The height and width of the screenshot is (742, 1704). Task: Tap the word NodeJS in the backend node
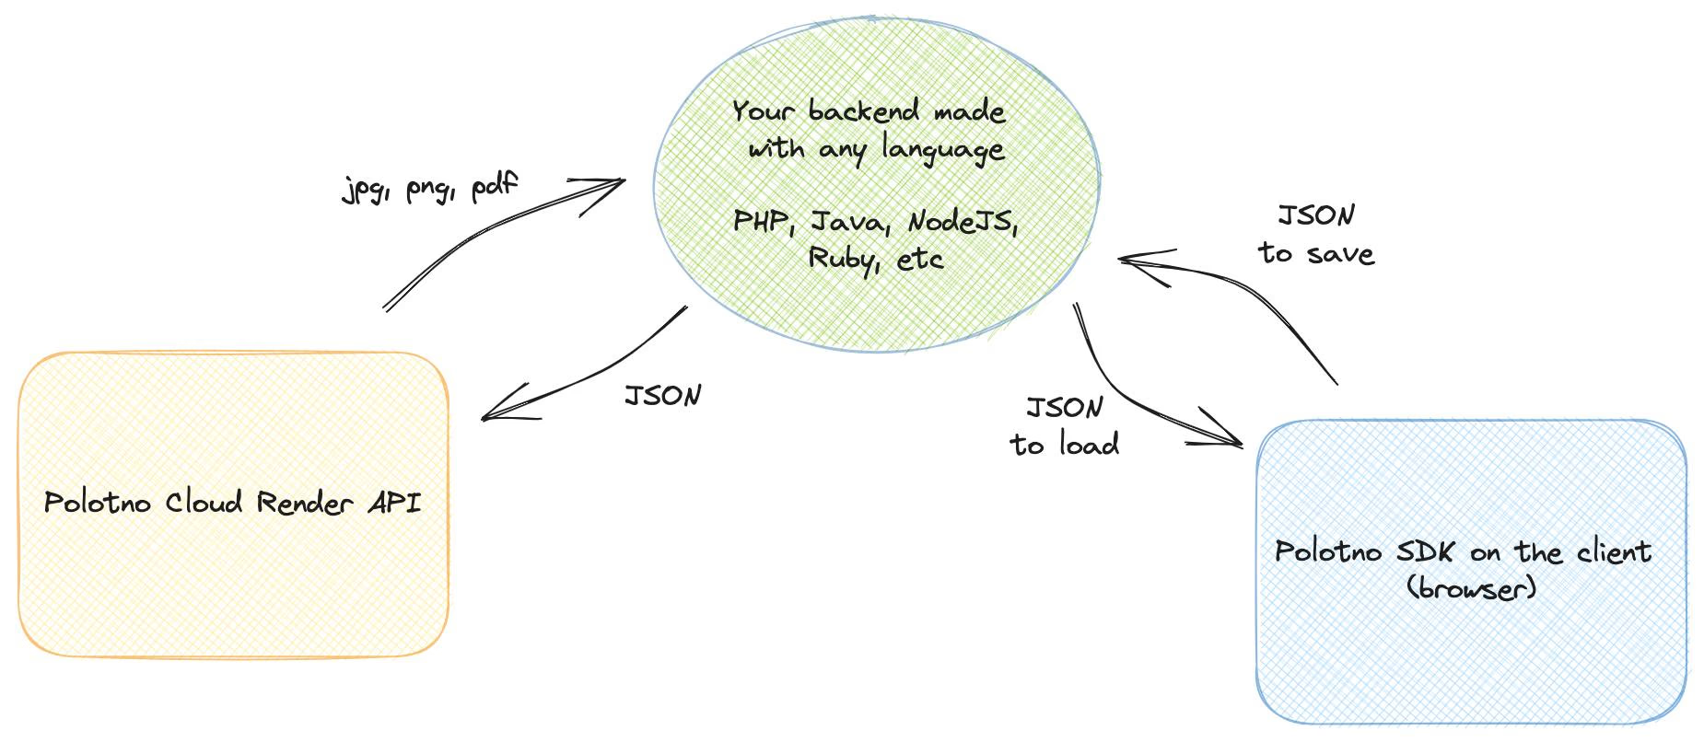(x=962, y=222)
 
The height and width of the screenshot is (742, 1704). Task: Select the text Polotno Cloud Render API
(x=232, y=503)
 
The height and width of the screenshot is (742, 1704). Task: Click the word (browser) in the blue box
(x=1472, y=587)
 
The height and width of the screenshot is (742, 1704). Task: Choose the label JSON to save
(x=1316, y=235)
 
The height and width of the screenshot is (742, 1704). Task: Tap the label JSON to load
(x=1065, y=427)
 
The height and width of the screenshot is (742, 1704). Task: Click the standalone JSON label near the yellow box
(x=663, y=396)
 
